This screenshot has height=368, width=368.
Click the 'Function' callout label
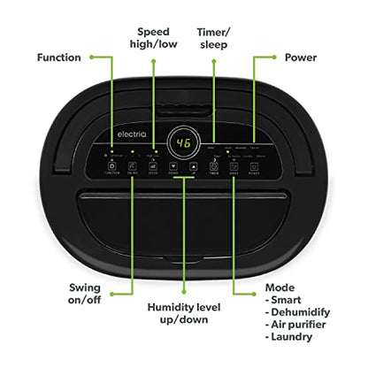[59, 57]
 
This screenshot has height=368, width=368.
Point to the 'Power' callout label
[300, 57]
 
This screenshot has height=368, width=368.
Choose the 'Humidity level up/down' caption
[184, 314]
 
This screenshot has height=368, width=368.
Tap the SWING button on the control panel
[132, 165]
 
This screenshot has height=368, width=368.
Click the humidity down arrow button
[171, 165]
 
